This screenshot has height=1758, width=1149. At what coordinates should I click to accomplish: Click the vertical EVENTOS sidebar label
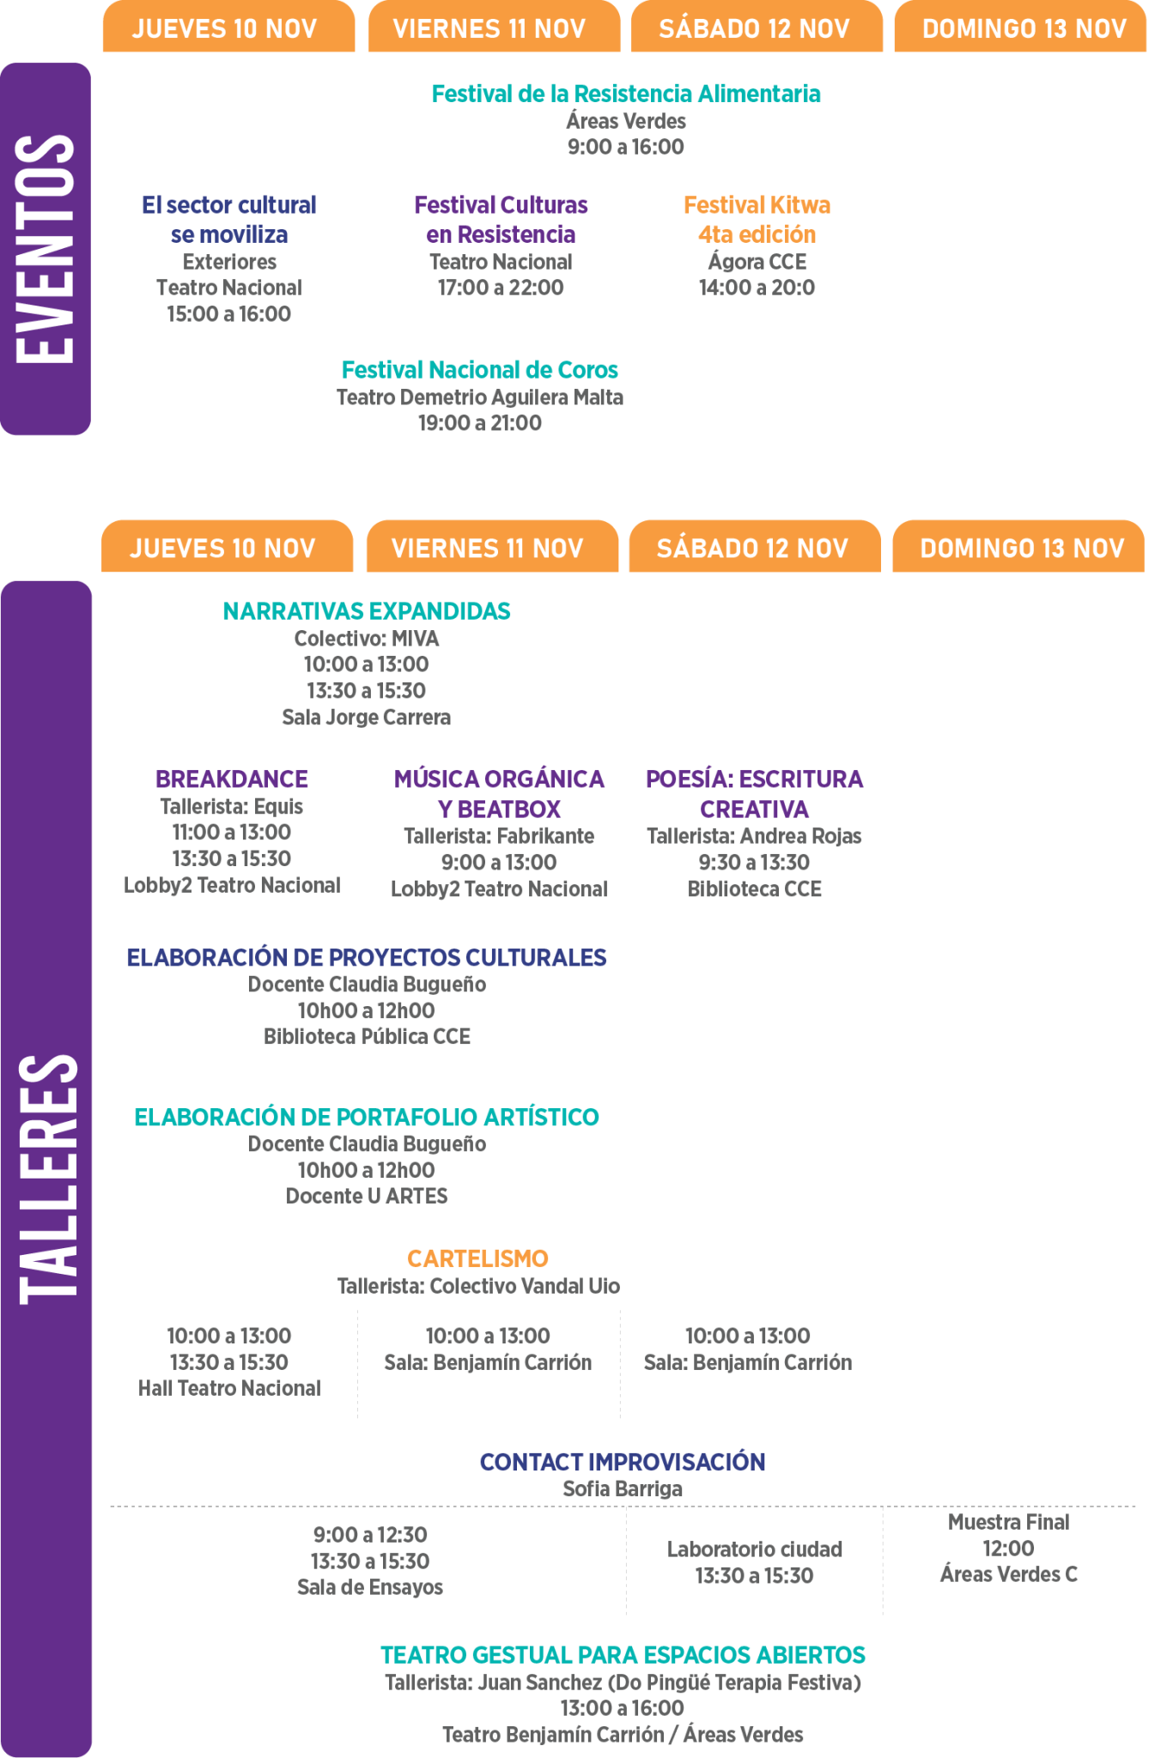45,249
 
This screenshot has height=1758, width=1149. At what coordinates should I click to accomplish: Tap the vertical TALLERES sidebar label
47,1179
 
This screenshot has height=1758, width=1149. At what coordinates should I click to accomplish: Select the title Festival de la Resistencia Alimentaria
626,94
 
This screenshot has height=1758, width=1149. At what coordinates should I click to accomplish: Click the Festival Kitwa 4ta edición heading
757,220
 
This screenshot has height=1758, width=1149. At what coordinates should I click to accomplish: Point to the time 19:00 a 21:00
480,423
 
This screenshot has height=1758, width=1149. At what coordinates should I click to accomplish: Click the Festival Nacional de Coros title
480,370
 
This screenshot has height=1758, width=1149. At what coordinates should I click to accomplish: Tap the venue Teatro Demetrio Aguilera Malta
480,397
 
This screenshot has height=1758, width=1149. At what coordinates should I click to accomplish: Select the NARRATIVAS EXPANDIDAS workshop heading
367,611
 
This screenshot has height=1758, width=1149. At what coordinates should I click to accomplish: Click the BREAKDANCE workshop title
232,779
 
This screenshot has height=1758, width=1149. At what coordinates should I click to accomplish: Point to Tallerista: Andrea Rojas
754,837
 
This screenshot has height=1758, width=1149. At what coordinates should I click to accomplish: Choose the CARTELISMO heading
477,1259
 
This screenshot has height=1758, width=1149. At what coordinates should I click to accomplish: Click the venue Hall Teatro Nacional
229,1389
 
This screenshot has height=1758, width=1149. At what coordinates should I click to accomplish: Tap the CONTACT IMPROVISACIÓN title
623,1463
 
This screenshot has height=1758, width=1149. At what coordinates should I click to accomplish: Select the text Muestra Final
1009,1523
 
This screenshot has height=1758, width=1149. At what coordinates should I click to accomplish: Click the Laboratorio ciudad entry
755,1549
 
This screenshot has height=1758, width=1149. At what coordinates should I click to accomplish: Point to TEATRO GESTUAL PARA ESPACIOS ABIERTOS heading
623,1655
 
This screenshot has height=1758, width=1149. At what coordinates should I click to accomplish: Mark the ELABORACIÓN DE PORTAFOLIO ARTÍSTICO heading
367,1118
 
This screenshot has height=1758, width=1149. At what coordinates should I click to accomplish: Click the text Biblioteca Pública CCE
367,1037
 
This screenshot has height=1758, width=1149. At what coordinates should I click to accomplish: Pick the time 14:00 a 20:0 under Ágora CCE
757,288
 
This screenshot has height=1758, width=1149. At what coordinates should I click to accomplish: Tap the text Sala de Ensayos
370,1588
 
